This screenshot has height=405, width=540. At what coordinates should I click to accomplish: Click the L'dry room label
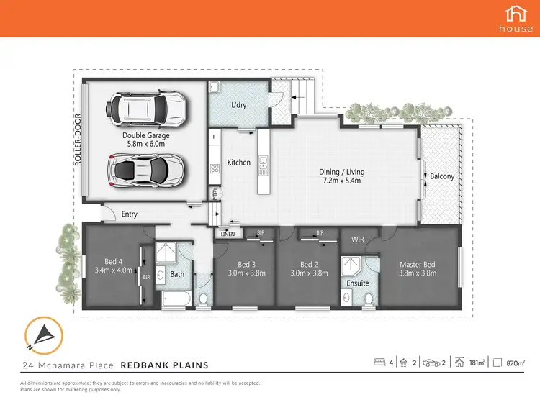pos(239,106)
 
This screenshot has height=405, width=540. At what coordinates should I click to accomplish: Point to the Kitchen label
pos(239,163)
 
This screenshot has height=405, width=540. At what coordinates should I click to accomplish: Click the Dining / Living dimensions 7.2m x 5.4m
pos(340,181)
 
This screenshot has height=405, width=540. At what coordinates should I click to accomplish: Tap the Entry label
pos(130,214)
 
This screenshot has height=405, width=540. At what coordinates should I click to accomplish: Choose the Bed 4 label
pos(114,262)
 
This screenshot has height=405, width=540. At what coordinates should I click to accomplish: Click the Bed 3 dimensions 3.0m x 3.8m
pos(244,273)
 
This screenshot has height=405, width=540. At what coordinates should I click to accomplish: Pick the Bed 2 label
pos(310,264)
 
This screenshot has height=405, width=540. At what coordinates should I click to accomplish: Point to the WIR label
pos(358,239)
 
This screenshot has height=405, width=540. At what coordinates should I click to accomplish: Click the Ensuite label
pos(358,283)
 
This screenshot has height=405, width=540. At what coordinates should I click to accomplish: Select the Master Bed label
pos(418,264)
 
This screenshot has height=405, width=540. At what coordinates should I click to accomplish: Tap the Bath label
pos(177,273)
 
